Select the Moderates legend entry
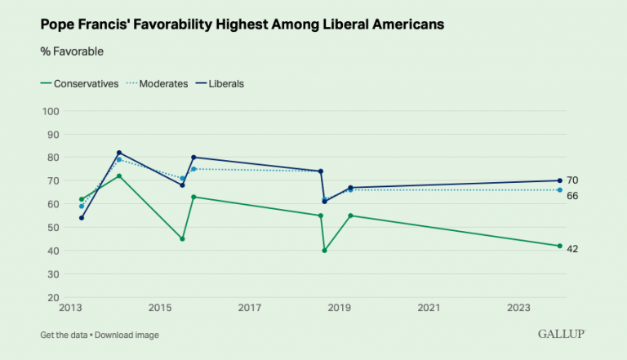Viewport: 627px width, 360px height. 163,83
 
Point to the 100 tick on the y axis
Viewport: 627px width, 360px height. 52,111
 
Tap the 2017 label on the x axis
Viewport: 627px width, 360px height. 250,308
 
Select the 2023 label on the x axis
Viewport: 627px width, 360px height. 519,308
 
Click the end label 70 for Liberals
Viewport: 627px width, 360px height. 572,180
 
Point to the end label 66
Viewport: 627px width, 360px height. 572,196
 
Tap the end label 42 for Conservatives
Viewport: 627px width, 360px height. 572,249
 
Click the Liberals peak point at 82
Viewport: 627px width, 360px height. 119,153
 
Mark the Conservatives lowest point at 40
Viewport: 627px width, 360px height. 325,251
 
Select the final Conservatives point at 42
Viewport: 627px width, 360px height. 559,246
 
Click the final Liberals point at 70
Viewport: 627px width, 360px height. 559,180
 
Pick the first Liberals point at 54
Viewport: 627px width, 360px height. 82,218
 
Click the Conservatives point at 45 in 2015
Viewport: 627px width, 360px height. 182,239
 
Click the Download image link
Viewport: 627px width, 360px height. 127,336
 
